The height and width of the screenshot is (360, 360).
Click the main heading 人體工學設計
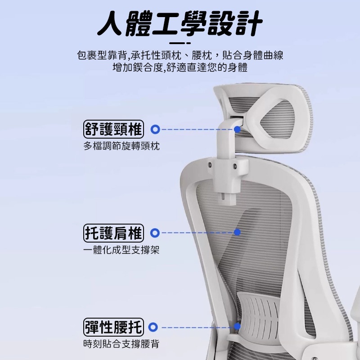tap(180, 23)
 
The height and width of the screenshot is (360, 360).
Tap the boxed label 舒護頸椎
tap(113, 129)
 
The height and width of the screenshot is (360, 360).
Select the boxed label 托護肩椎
tap(113, 233)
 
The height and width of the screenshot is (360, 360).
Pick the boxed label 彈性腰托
tap(113, 327)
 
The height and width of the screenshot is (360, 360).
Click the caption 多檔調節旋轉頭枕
tap(121, 146)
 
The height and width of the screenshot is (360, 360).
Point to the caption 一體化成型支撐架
tap(121, 250)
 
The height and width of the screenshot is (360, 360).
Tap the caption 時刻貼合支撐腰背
tap(121, 344)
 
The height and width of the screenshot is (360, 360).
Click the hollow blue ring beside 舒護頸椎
tap(155, 129)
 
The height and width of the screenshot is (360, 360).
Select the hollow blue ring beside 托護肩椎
tap(155, 233)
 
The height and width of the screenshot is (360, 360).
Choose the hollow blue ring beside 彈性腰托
tap(153, 327)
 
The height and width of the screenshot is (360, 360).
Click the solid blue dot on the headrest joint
tap(238, 129)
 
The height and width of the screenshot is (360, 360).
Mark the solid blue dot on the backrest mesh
tap(237, 232)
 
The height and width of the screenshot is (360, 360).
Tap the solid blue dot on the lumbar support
tap(237, 326)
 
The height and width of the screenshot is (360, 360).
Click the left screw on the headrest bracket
tap(210, 165)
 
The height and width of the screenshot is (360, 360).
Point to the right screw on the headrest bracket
tap(234, 166)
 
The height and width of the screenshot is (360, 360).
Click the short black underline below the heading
tap(180, 43)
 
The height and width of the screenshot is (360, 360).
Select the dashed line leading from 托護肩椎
tap(198, 233)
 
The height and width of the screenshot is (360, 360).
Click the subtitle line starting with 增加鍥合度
tap(180, 67)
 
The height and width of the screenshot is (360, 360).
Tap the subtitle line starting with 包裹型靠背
tap(180, 55)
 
